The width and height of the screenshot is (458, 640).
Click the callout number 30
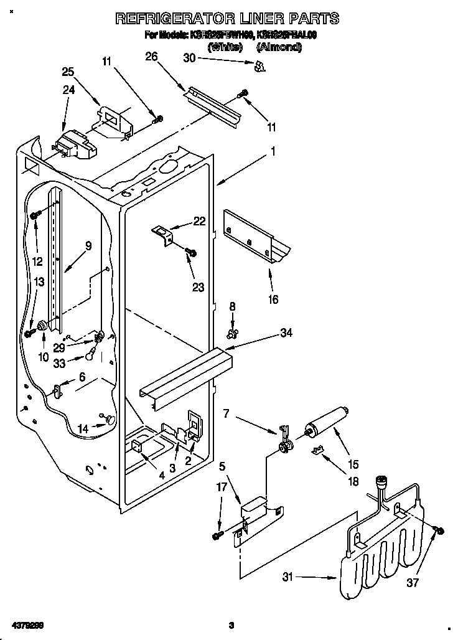(189, 58)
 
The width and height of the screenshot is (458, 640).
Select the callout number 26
(151, 57)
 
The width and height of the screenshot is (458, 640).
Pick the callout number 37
(414, 583)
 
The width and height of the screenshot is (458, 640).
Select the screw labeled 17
(217, 535)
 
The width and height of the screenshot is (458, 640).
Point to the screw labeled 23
(192, 252)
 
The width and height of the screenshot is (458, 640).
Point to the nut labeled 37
(438, 530)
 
